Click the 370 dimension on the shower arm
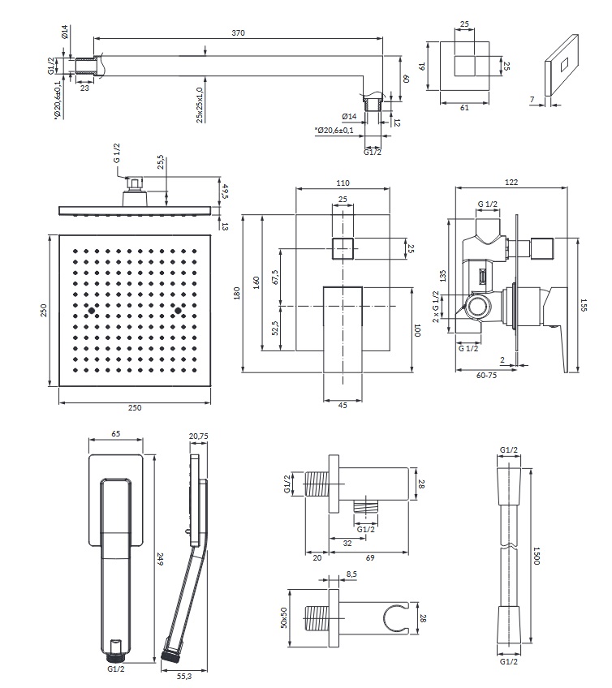(238, 32)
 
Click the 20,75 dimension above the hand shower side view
(198, 436)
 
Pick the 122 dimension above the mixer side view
(511, 182)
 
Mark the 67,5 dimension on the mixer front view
(274, 276)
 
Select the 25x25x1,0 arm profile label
(199, 105)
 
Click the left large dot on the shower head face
(92, 310)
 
